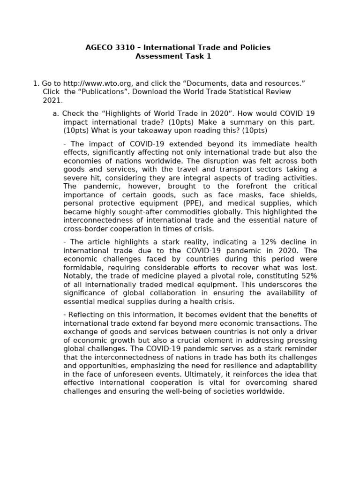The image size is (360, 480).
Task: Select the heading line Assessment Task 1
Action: click(173, 56)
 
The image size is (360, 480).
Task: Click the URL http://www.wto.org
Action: click(92, 83)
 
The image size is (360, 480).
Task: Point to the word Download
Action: click(148, 92)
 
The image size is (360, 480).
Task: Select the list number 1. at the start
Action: click(36, 83)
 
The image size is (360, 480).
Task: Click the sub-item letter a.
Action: click(56, 113)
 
